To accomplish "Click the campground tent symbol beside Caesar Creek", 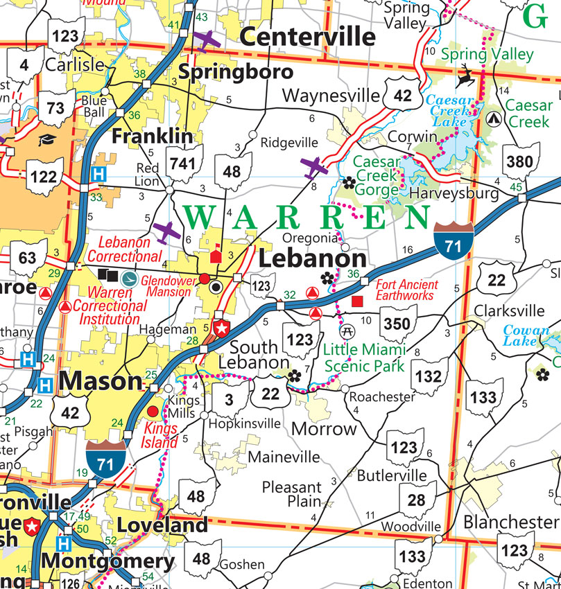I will click(x=494, y=118).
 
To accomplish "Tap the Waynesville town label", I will click(x=331, y=95).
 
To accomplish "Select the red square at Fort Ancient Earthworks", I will click(x=358, y=301).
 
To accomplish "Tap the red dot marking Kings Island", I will click(x=153, y=412).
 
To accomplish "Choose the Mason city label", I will click(x=100, y=381).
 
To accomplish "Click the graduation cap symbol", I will click(x=46, y=140).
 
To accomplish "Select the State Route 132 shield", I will click(x=430, y=376).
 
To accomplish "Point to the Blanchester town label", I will click(x=510, y=521).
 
